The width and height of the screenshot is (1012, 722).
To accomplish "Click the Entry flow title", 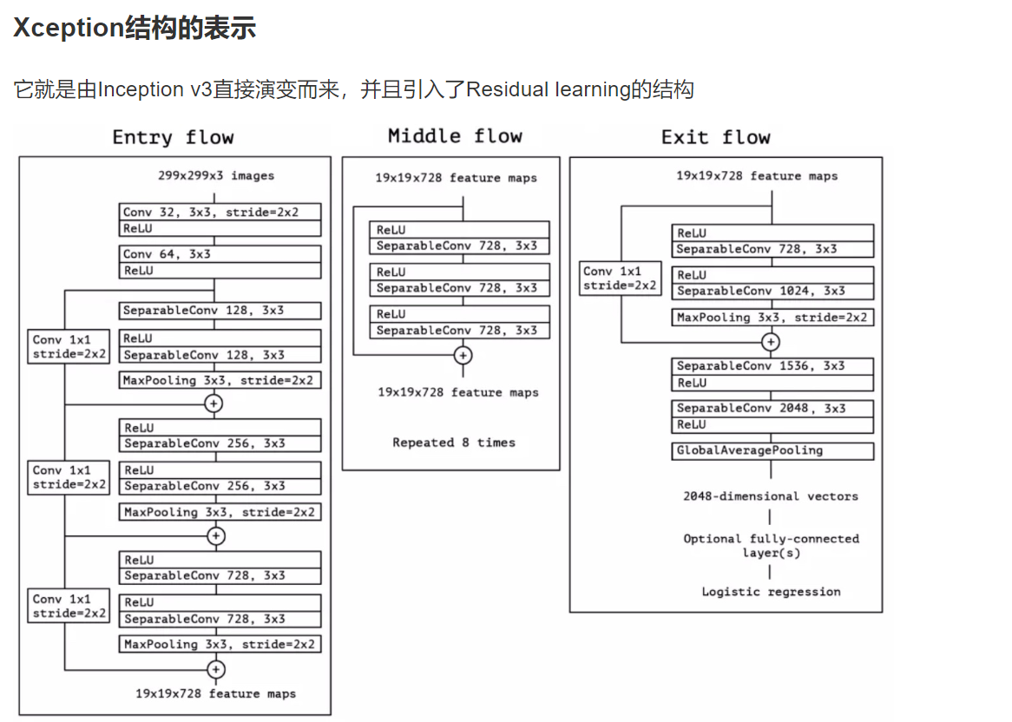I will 173,138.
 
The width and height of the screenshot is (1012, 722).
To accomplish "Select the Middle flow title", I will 455,136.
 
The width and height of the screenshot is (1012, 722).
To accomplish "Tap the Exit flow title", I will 715,137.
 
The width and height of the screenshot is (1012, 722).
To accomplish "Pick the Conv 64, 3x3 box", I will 220,254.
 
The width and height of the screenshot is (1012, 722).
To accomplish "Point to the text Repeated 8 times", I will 453,443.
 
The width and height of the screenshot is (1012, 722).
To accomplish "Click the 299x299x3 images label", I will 216,176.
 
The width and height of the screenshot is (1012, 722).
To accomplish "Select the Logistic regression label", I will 771,592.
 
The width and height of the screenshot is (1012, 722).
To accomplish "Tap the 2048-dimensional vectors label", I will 771,496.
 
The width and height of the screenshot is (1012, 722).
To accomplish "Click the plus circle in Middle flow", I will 463,356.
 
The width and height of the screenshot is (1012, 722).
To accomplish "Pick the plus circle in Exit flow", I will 771,342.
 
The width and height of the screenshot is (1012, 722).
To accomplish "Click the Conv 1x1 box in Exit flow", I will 620,279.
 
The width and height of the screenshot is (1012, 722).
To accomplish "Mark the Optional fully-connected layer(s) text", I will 771,546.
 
